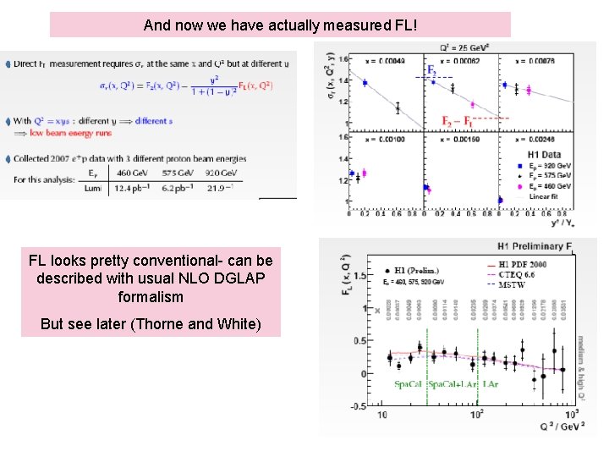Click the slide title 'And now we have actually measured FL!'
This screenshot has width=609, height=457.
(x=280, y=25)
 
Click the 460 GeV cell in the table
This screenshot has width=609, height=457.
(x=138, y=172)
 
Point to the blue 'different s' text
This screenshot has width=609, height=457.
(x=152, y=121)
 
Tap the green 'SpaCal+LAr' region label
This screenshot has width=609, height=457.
(x=453, y=384)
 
